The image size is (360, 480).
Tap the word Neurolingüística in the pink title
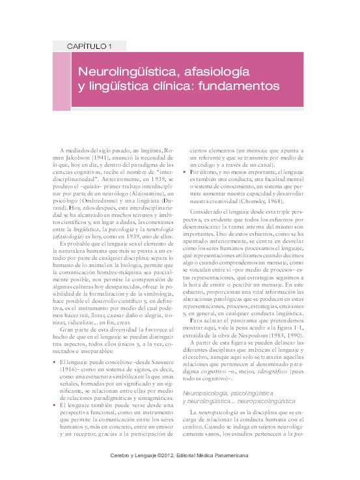click(x=127, y=69)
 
